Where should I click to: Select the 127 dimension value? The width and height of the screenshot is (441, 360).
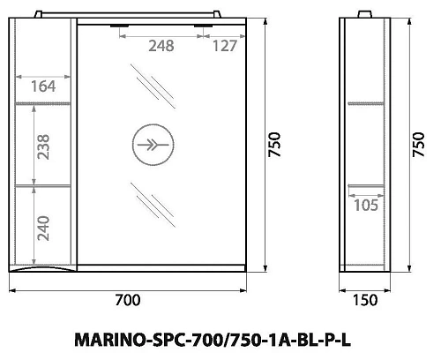[x=224, y=47]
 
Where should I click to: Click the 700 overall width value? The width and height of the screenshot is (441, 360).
[x=128, y=300]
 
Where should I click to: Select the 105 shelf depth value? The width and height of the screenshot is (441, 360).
[x=365, y=205]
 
